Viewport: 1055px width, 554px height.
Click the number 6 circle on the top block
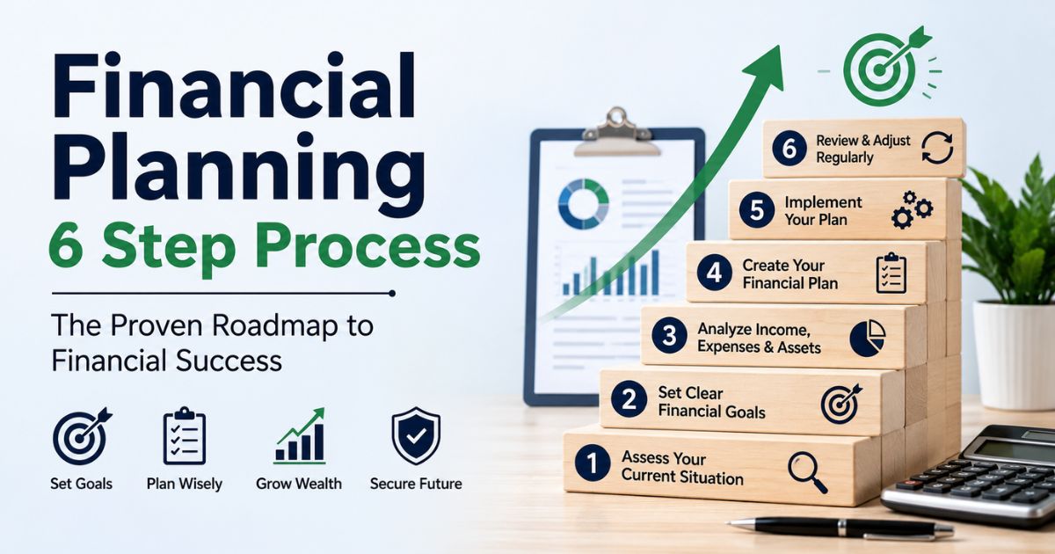point(789,149)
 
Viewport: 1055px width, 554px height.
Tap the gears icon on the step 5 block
point(912,209)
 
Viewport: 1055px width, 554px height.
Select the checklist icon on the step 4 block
point(891,273)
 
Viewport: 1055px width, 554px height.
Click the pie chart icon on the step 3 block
point(868,338)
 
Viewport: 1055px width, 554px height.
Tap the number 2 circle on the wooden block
point(629,399)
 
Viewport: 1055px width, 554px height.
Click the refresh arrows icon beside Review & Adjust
point(937,148)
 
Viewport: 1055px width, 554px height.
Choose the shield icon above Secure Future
point(416,436)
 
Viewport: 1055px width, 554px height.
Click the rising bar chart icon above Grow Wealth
point(301,436)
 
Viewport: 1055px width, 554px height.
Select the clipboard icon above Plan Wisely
point(184,436)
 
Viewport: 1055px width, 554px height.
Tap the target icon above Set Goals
point(82,436)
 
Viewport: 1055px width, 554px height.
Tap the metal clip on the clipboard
point(616,131)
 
